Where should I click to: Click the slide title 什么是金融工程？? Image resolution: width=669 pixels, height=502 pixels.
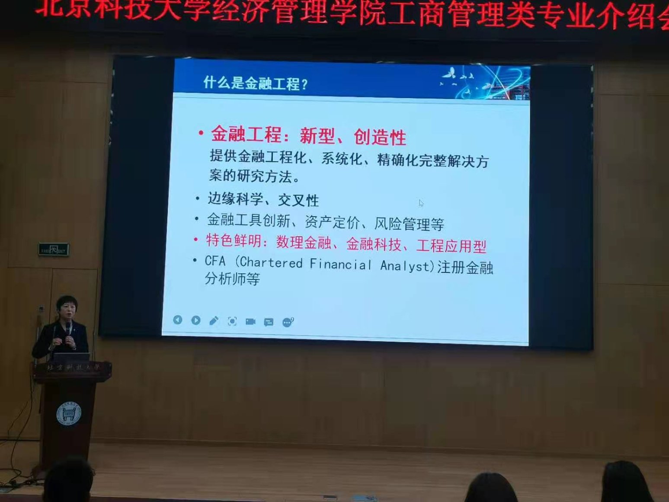[255, 83]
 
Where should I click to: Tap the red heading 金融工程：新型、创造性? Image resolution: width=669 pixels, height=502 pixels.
[308, 136]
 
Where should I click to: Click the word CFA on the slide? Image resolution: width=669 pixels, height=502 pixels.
[215, 261]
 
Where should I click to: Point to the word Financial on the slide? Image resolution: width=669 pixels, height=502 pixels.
[340, 264]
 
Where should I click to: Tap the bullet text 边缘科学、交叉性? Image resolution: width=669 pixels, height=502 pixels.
[263, 199]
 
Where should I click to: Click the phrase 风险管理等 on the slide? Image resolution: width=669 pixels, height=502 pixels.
[409, 224]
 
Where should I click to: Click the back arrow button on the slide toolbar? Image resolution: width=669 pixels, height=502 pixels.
[177, 320]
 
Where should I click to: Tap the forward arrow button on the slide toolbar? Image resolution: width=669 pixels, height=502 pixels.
[195, 320]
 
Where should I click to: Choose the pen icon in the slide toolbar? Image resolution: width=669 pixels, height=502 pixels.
[214, 320]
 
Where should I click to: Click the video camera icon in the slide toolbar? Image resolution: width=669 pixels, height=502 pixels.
[250, 321]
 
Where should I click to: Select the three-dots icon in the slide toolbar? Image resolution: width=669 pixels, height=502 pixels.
[287, 322]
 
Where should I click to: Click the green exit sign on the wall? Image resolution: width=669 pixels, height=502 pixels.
[54, 249]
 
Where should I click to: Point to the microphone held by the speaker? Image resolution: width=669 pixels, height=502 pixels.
[68, 327]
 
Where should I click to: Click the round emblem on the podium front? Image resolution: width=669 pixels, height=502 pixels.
[68, 414]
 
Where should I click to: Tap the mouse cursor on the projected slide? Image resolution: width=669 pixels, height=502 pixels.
[421, 203]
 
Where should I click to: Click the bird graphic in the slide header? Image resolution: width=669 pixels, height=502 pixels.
[450, 74]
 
